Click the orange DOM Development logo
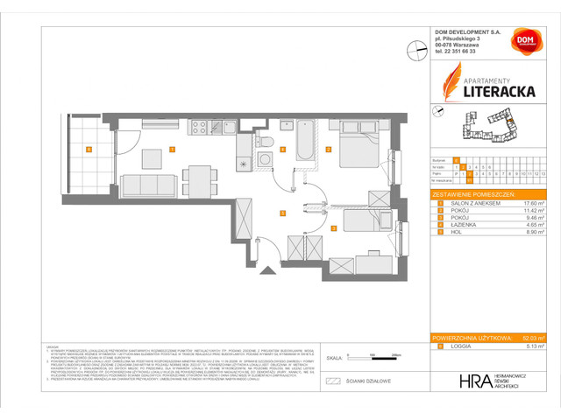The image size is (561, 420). point(523,44)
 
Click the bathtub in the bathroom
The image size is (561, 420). point(306,141)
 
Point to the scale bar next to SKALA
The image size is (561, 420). point(373,357)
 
